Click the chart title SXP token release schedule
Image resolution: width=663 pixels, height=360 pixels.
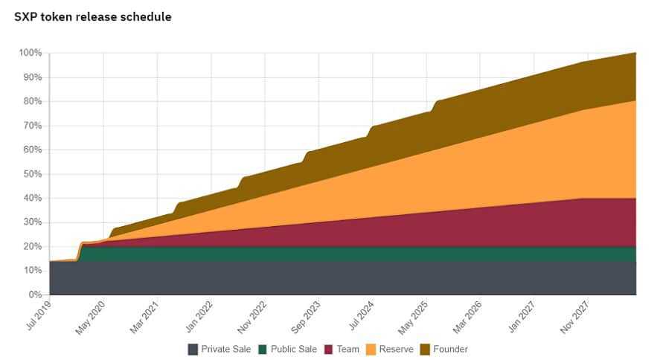[x=93, y=16]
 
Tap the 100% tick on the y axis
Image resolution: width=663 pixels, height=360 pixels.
[x=31, y=53]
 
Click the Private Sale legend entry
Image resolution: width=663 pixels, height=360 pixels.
[x=220, y=349]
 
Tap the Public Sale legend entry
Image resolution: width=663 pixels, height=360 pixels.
[x=287, y=349]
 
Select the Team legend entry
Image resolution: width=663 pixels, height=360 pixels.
[x=342, y=349]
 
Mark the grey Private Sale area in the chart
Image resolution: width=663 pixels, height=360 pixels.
[x=335, y=278]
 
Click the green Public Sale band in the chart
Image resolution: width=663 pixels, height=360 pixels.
[x=335, y=254]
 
